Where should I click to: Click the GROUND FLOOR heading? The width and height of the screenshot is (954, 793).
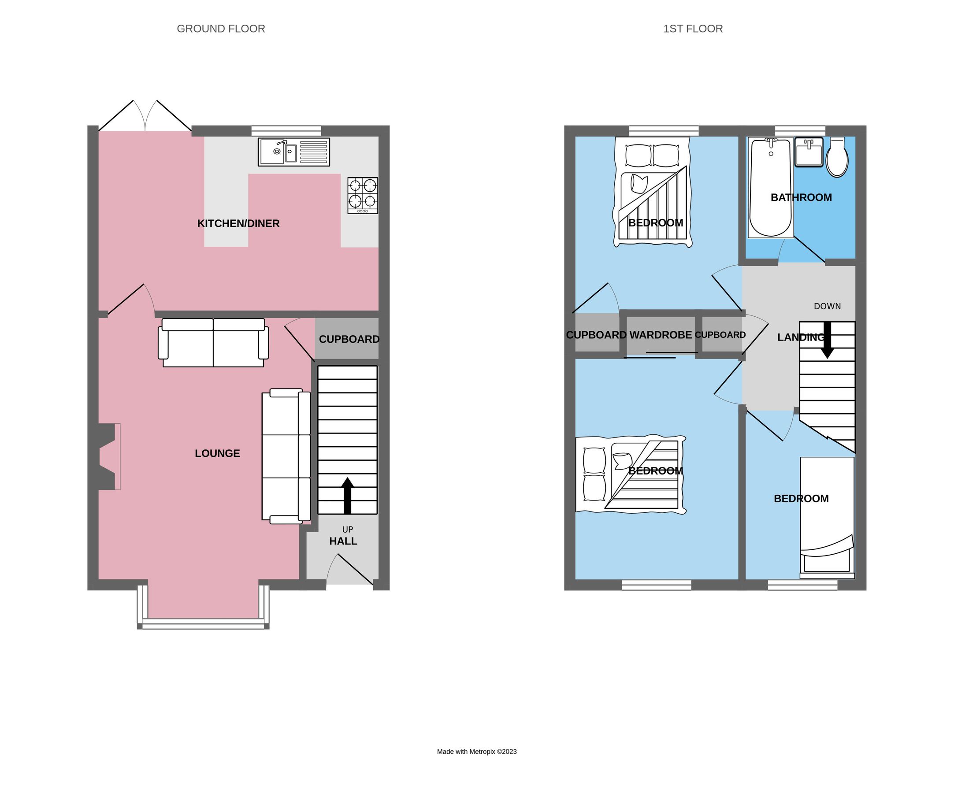coord(221,29)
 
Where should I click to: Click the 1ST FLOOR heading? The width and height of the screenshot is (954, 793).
coord(693,29)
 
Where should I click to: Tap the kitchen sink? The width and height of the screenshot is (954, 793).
coord(293,152)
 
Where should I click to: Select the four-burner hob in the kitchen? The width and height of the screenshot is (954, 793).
coord(363,195)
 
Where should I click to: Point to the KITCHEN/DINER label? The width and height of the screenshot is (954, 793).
coord(238,223)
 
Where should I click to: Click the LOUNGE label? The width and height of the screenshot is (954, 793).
coord(217,453)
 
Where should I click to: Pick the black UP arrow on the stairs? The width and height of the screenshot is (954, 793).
coord(348,496)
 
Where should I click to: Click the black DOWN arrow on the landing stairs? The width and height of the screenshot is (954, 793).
coord(827,340)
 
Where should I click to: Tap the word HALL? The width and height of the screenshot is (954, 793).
coord(343,541)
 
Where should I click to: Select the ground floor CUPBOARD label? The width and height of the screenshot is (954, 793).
coord(349,339)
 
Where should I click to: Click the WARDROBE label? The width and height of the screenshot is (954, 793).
coord(661,335)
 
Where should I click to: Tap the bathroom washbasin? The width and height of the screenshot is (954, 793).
coord(809,152)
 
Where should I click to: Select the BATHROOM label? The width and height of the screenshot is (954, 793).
coord(802,197)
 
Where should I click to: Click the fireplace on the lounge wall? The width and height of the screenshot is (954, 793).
coord(108,456)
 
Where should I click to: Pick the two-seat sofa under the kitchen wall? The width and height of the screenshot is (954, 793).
coord(213,342)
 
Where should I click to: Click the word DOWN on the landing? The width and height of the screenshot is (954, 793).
coord(827,307)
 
